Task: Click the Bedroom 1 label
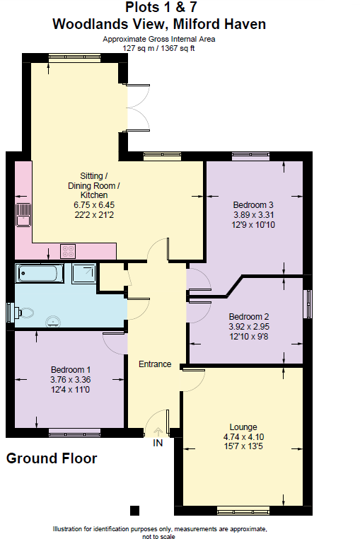[71, 370]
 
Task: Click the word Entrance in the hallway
[155, 364]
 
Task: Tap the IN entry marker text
[158, 444]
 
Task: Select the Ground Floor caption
[52, 458]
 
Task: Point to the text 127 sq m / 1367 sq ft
[158, 47]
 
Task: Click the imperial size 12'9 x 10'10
[252, 224]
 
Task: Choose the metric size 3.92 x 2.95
[248, 327]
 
